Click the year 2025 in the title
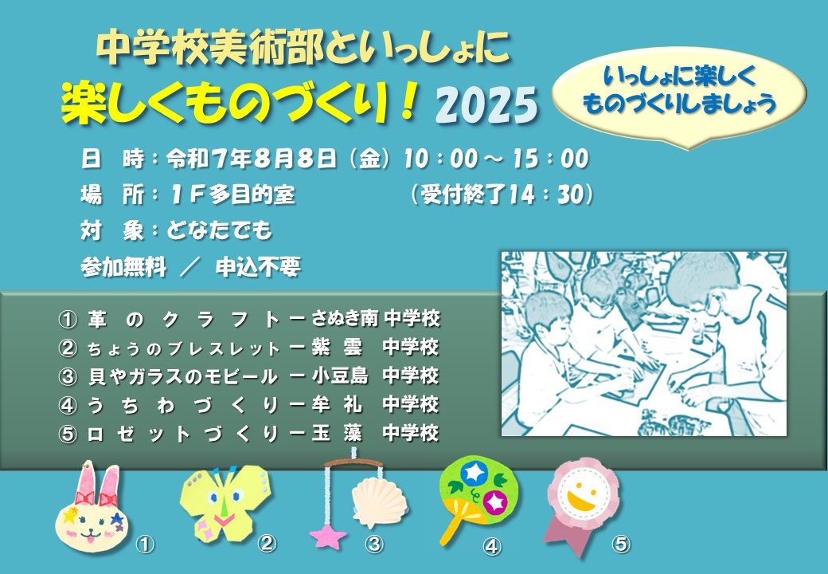[x=486, y=104]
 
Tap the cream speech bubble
[x=679, y=94]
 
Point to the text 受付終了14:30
[x=502, y=195]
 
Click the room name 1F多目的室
[x=232, y=195]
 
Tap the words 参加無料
[x=123, y=267]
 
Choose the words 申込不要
[x=258, y=267]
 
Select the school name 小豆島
[x=339, y=375]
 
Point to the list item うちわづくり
[x=182, y=405]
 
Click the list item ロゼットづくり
[x=182, y=434]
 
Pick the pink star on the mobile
[x=327, y=536]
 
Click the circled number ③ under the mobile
[x=374, y=544]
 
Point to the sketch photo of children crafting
[x=644, y=344]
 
